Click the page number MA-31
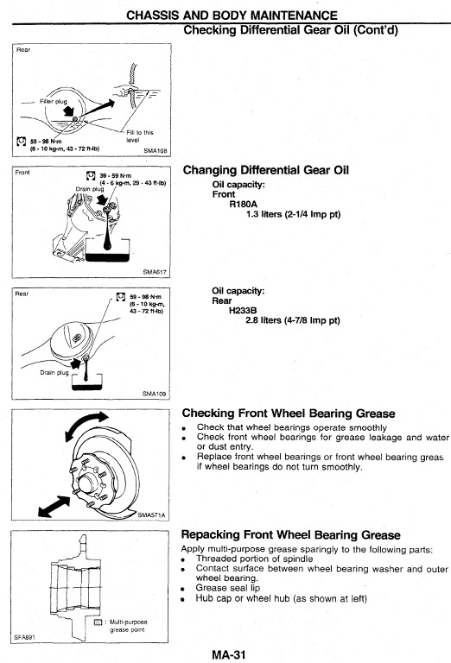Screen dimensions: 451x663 pyautogui.click(x=228, y=654)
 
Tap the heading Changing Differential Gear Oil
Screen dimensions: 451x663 pyautogui.click(x=266, y=170)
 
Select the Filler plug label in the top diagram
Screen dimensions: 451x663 pyautogui.click(x=54, y=102)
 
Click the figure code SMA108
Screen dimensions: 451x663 pyautogui.click(x=156, y=150)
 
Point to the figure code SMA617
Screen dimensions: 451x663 pyautogui.click(x=155, y=272)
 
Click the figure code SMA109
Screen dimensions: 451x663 pyautogui.click(x=154, y=394)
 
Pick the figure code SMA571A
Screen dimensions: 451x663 pyautogui.click(x=151, y=515)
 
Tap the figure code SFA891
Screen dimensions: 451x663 pyautogui.click(x=24, y=637)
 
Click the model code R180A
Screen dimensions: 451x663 pyautogui.click(x=244, y=205)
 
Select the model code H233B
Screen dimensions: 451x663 pyautogui.click(x=243, y=311)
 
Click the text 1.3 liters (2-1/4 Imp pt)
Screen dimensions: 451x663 pyautogui.click(x=293, y=214)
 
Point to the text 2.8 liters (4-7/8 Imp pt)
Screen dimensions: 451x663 pyautogui.click(x=293, y=320)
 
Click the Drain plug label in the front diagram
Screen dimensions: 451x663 pyautogui.click(x=90, y=189)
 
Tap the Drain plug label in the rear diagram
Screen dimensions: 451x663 pyautogui.click(x=54, y=373)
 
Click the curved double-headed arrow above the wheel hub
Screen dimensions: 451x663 pyautogui.click(x=85, y=425)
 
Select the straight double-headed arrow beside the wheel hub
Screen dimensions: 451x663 pyautogui.click(x=54, y=506)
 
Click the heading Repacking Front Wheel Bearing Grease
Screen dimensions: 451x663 pyautogui.click(x=290, y=535)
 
